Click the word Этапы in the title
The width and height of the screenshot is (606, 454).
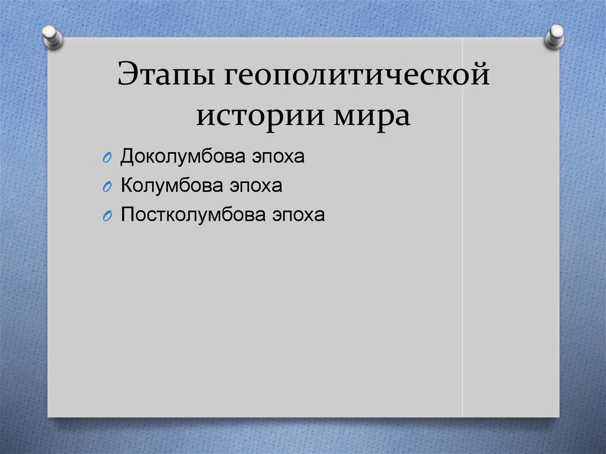(x=166, y=73)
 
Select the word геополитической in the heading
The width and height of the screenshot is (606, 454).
(x=357, y=75)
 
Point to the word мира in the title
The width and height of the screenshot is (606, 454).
(x=372, y=115)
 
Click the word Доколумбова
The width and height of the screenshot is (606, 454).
(x=183, y=157)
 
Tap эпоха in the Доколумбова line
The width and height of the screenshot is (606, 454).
(x=278, y=157)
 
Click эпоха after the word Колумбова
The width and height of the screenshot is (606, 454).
(x=256, y=186)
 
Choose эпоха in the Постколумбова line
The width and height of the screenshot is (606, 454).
(x=298, y=215)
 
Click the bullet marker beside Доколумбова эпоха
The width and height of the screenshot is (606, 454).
(x=107, y=158)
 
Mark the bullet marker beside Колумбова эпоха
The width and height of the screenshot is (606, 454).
(x=107, y=187)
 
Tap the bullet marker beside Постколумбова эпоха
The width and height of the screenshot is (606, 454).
(x=107, y=216)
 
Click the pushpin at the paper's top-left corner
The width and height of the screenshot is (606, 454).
(x=52, y=37)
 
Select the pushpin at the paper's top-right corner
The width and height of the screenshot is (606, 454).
(x=555, y=37)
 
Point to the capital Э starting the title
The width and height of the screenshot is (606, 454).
(x=128, y=73)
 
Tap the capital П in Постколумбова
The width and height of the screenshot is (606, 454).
(x=128, y=214)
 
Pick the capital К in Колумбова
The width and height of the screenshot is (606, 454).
(x=128, y=185)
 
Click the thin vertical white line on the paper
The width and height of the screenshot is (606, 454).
(x=463, y=227)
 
